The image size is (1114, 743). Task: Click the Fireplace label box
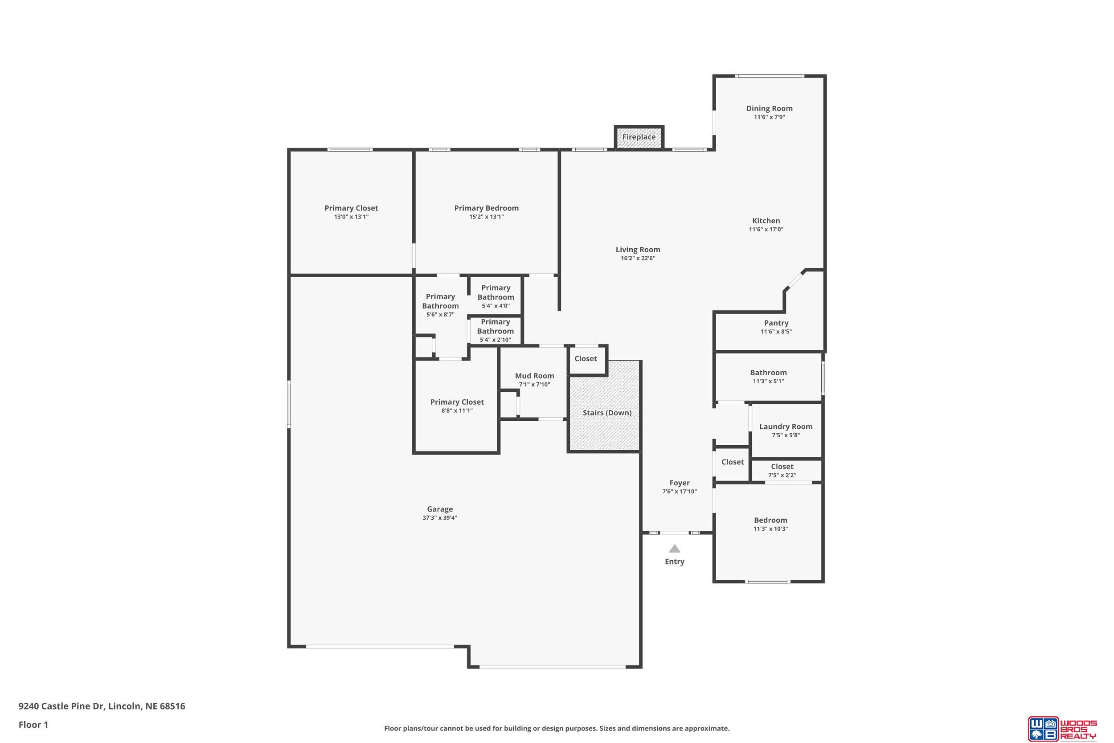coord(639,137)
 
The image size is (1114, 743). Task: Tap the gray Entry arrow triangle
coord(675,549)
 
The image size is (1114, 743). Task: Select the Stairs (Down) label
coord(607,413)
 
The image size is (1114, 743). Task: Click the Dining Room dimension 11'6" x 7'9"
coord(769,117)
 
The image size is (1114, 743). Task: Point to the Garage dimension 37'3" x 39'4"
coord(439,518)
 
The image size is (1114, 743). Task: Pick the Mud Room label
coord(534,376)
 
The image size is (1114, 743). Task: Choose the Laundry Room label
coord(786,427)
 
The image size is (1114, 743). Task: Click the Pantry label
coord(776,323)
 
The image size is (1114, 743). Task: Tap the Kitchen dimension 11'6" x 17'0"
coord(766,230)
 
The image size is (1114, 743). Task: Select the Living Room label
coord(638,250)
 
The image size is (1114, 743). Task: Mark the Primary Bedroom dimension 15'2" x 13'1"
coord(487,217)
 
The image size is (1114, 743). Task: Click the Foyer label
coord(679,483)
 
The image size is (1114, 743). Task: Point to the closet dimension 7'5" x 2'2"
coord(782,475)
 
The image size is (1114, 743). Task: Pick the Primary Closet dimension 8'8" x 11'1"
coord(457,411)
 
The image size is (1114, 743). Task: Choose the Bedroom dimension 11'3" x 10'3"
coord(770,529)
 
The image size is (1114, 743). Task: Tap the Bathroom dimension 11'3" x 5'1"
coord(768,382)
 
